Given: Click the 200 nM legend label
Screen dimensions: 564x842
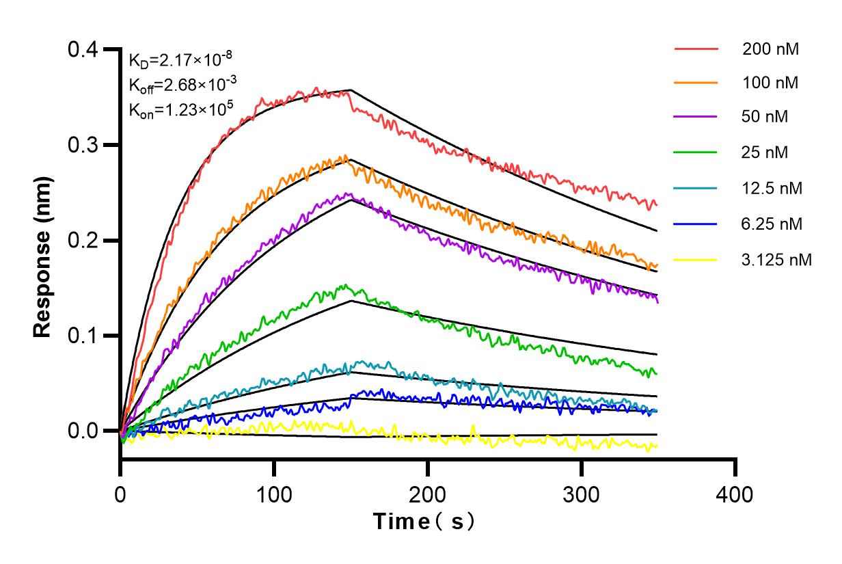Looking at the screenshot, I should [771, 49].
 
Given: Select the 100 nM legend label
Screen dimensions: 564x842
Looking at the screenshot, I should [771, 83].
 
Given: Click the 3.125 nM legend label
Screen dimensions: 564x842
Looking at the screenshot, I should [777, 260].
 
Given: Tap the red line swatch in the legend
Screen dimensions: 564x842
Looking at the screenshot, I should [696, 49].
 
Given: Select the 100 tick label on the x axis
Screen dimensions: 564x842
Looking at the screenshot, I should [274, 494].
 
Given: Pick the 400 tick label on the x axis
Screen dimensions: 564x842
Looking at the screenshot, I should [735, 494].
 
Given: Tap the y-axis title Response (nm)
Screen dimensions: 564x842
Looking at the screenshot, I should [43, 256].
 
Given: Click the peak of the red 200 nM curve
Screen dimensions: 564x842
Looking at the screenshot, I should [316, 88].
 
